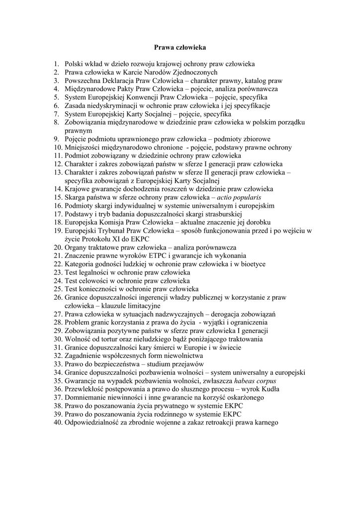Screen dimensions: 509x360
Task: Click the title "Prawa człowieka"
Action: [x=180, y=48]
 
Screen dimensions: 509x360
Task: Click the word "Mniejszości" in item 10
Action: [x=83, y=148]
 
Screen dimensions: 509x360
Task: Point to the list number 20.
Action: [x=58, y=247]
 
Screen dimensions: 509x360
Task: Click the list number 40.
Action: [x=58, y=423]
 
